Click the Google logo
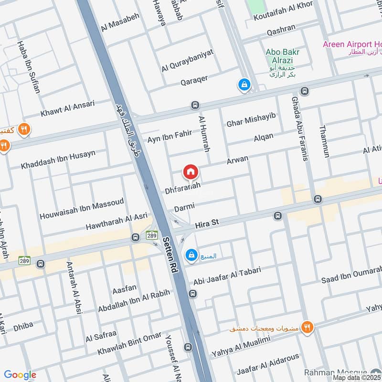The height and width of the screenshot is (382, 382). tap(20, 375)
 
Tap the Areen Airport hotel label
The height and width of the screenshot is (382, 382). tap(352, 44)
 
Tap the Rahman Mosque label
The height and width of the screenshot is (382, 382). tap(342, 372)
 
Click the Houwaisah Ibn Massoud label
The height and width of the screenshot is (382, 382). tap(82, 209)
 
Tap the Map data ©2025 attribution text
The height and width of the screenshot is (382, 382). tap(357, 378)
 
